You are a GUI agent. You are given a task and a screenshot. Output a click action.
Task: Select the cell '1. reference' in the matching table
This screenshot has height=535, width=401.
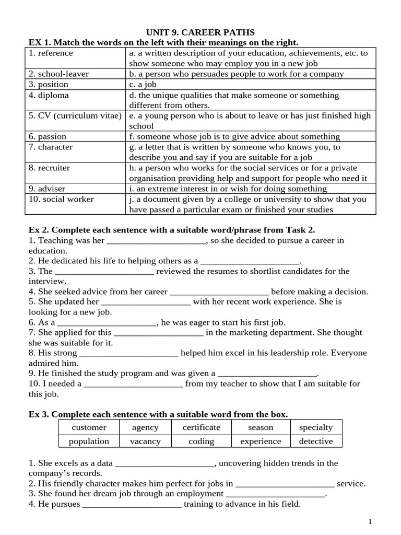(x=51, y=53)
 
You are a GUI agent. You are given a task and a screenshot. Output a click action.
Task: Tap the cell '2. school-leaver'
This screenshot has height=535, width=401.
(x=58, y=74)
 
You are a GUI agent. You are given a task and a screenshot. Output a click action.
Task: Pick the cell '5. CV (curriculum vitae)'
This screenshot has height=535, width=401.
(x=75, y=115)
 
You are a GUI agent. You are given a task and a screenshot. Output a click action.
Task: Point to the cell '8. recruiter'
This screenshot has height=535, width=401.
(x=50, y=168)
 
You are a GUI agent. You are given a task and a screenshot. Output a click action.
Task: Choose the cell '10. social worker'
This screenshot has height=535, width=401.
(x=61, y=199)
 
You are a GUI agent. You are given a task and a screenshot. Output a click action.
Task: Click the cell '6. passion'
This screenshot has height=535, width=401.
(x=48, y=136)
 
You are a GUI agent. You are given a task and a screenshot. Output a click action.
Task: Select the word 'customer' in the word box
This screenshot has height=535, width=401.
(x=89, y=427)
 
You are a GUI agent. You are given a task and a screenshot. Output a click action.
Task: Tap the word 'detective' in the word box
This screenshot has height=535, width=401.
(x=316, y=441)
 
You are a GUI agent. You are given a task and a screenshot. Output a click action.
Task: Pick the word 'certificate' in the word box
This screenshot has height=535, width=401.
(x=202, y=427)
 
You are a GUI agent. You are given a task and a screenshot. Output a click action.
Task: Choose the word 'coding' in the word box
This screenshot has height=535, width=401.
(x=202, y=441)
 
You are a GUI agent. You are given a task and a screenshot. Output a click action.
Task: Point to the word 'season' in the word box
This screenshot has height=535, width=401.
(x=261, y=427)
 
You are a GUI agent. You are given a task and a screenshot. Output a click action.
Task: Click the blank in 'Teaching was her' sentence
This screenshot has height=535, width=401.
(x=157, y=241)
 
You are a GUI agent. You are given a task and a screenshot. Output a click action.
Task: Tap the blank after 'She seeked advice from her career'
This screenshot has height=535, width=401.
(x=219, y=293)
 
